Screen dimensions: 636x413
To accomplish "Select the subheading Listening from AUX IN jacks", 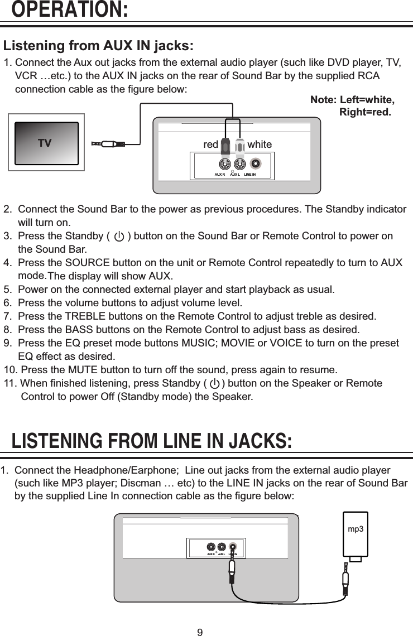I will coord(99,45).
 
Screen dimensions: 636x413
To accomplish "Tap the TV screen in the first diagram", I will coord(46,143).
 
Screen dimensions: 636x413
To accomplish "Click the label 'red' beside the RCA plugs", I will coord(210,144).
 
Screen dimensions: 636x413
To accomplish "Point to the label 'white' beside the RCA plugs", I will coord(259,144).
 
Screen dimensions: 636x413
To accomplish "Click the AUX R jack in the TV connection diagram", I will coord(223,165).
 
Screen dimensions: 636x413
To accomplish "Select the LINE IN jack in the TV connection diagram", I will coord(255,165).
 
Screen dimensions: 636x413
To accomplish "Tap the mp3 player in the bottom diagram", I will coord(356,534).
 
